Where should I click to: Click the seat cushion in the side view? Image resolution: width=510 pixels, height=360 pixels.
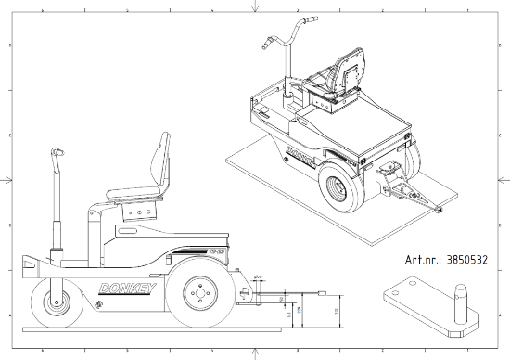(x=135, y=195)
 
